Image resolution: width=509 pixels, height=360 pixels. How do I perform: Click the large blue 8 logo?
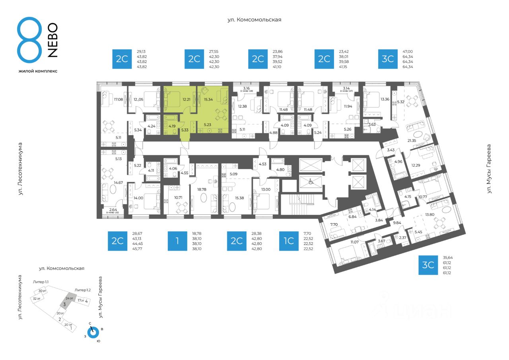point(29,40)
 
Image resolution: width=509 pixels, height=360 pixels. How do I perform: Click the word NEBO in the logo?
point(52,40)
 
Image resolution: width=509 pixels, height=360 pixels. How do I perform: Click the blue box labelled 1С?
point(289,241)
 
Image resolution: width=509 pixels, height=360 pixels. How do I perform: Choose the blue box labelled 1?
point(177,241)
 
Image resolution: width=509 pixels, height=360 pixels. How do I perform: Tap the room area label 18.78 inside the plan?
point(203,178)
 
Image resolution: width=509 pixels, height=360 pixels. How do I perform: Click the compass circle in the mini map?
point(93,333)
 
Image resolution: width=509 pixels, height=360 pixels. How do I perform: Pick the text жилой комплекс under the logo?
point(38,71)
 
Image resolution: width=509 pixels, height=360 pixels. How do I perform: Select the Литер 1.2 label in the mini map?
point(83,290)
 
